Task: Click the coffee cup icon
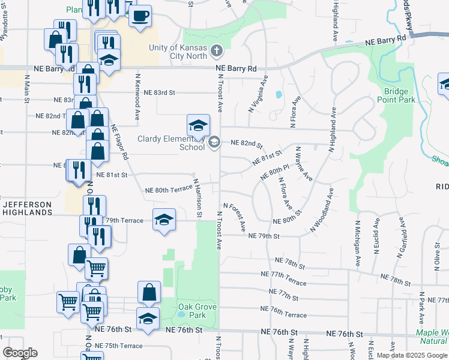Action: click(140, 16)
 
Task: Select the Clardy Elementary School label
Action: click(171, 143)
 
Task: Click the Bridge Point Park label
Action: click(400, 96)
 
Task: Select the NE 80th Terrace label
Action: click(168, 191)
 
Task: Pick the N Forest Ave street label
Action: click(235, 217)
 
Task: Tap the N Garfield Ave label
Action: click(400, 239)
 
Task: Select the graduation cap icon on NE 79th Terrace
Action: click(164, 220)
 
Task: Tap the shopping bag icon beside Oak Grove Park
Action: click(149, 292)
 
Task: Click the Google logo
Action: click(19, 353)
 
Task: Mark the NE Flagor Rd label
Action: click(119, 144)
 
